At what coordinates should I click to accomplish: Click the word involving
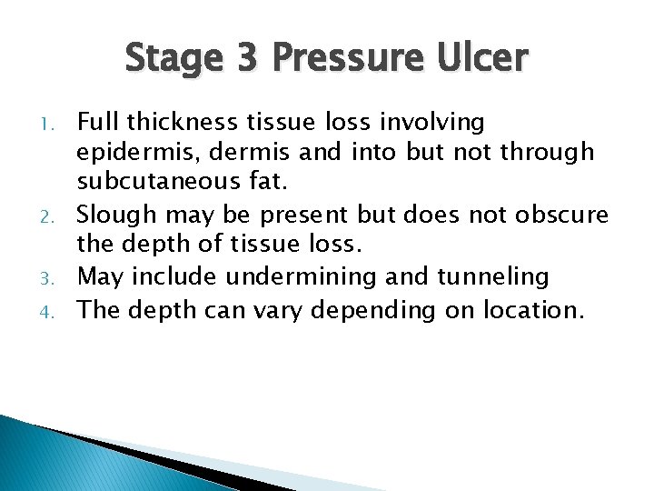pos(436,122)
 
